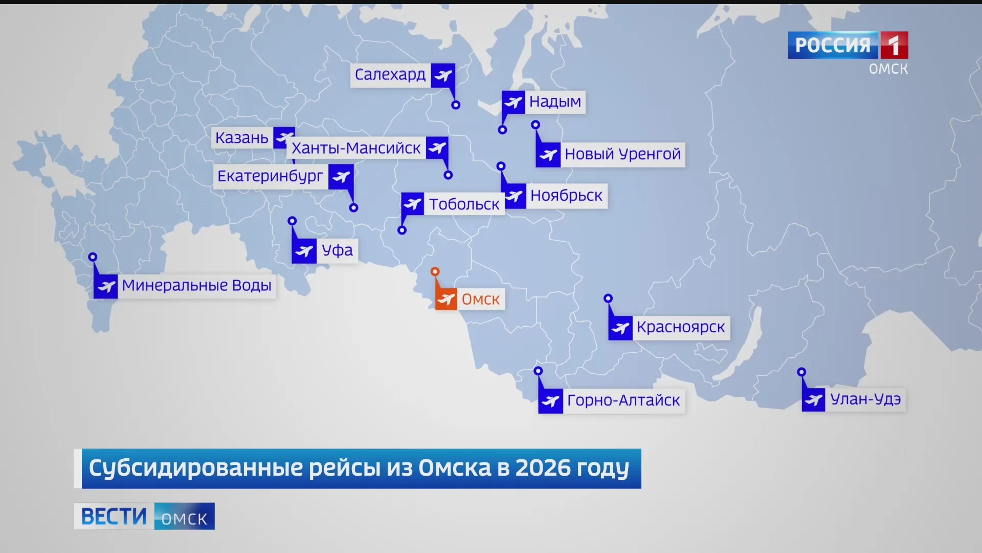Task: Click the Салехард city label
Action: (390, 75)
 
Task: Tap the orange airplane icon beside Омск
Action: (446, 299)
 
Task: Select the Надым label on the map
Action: (555, 102)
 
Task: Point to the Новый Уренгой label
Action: (622, 154)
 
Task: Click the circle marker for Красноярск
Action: (608, 299)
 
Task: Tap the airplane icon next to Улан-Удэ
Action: (814, 399)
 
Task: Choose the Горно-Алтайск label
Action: (623, 400)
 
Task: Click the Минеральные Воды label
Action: (196, 286)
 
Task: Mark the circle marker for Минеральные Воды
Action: (93, 257)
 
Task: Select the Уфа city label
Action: (337, 250)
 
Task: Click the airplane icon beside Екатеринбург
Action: (341, 177)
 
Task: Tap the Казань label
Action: (241, 138)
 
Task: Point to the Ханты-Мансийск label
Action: (356, 148)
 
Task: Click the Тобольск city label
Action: (464, 204)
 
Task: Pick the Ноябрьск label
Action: (566, 196)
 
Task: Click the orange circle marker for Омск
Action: (435, 272)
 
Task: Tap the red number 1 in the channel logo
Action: (894, 46)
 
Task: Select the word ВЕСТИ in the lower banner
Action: (114, 516)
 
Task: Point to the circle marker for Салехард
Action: (456, 105)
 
